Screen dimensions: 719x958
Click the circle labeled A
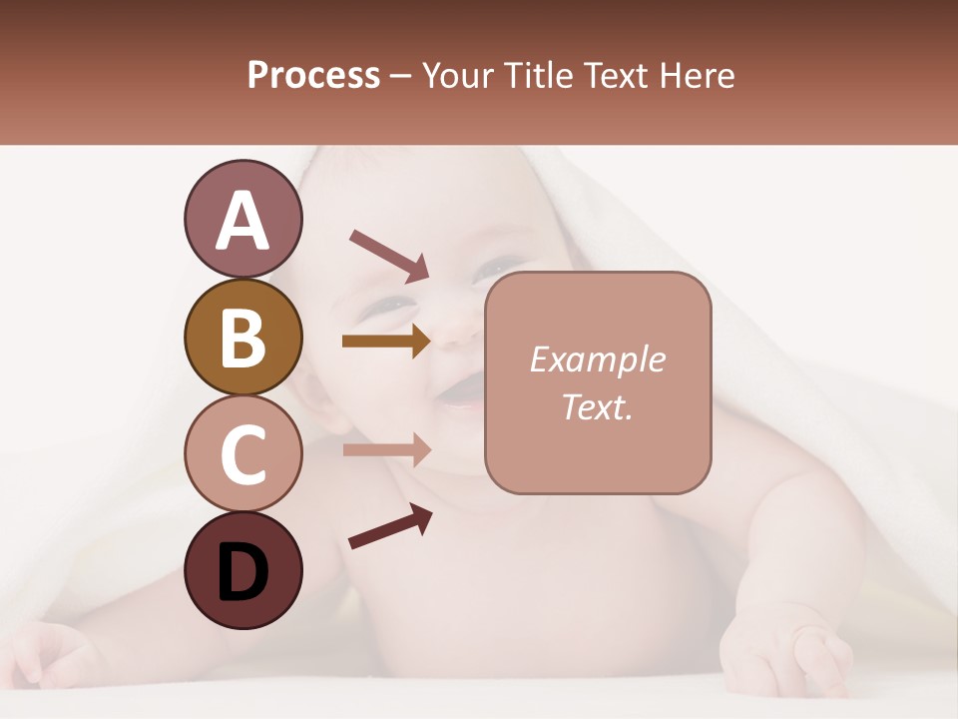[243, 219]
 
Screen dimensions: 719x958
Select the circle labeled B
[243, 337]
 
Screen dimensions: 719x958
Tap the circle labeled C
[243, 453]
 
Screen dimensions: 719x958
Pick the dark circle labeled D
[243, 570]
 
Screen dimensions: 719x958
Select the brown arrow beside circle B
[386, 342]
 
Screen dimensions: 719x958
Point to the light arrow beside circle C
[386, 449]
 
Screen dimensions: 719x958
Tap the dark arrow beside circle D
[390, 526]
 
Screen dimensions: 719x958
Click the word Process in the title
[313, 75]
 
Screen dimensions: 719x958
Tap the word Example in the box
[597, 359]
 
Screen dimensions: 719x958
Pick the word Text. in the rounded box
[597, 406]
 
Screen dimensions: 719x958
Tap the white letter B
[243, 338]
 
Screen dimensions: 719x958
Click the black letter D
[243, 572]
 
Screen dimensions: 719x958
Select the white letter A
[243, 220]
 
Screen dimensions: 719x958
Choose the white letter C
[243, 454]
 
